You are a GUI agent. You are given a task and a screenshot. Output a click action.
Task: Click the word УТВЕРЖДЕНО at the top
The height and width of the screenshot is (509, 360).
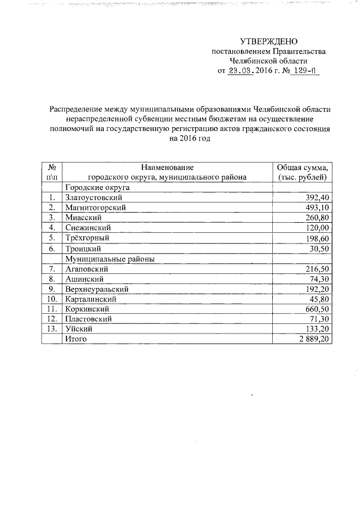268,41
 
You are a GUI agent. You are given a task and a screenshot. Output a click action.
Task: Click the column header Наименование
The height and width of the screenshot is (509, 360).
167,168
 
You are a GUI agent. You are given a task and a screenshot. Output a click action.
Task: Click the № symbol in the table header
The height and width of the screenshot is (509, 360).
52,168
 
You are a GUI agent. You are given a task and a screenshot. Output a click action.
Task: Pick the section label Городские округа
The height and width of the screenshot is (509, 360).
98,187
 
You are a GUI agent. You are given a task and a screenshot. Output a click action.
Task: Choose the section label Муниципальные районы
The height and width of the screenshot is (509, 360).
110,259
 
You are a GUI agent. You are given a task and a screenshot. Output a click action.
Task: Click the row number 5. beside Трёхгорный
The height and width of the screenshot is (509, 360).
52,238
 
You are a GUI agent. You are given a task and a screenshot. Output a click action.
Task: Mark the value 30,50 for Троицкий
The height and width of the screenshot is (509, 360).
318,249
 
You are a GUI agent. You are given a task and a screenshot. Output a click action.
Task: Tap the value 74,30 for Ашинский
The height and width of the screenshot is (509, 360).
318,279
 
